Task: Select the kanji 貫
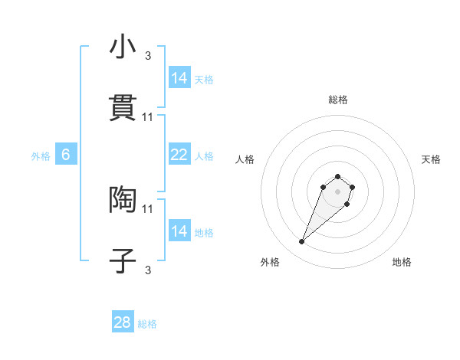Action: click(123, 107)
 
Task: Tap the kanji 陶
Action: click(123, 199)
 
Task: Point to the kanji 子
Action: click(123, 260)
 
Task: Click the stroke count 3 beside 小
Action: click(148, 55)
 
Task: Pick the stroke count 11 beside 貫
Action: click(148, 116)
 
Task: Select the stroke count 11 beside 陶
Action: click(148, 208)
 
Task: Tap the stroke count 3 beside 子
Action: click(148, 270)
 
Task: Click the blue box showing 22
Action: click(179, 155)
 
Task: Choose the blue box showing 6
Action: click(66, 155)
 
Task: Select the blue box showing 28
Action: click(123, 322)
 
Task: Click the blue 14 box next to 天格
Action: click(179, 78)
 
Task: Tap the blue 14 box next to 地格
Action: click(179, 231)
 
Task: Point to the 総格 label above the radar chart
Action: click(337, 100)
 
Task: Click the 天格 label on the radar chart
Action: click(432, 159)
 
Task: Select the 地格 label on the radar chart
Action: click(402, 263)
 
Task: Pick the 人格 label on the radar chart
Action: click(245, 159)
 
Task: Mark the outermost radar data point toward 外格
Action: click(302, 242)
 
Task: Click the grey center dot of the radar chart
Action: click(337, 191)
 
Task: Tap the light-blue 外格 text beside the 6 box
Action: click(41, 155)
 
